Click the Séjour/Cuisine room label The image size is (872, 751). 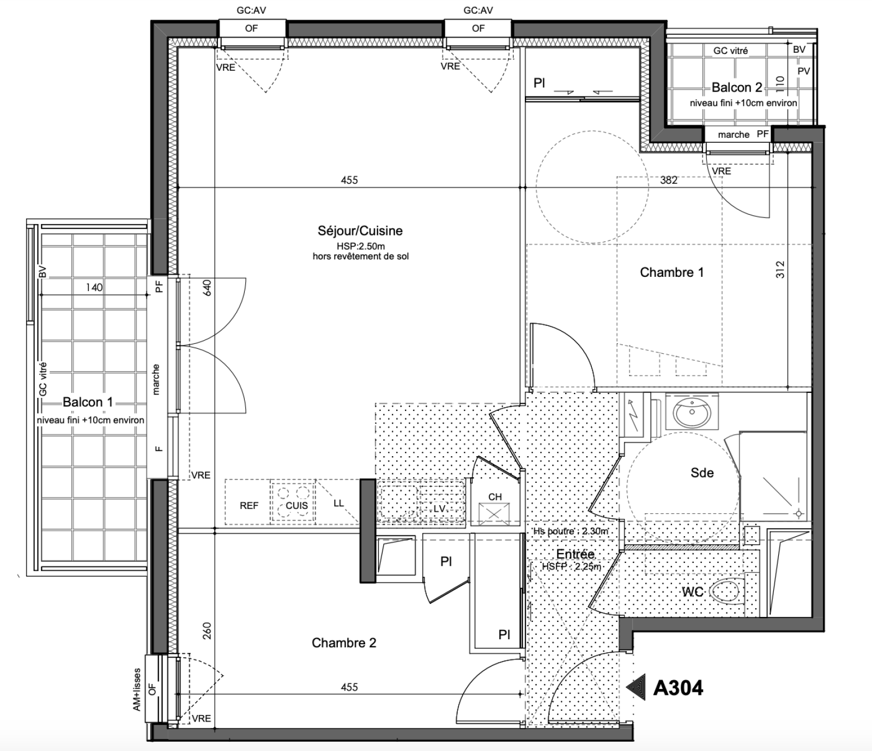pos(360,231)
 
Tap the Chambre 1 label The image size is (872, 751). pos(671,272)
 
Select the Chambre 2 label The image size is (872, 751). pos(344,643)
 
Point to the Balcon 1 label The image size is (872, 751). pos(88,402)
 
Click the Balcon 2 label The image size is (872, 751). pos(737,88)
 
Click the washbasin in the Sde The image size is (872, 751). pos(692,412)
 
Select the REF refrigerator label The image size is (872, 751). pos(249,506)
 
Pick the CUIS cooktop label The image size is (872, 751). pos(296,506)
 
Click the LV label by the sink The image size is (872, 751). pos(439,508)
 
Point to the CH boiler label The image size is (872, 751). pos(495,497)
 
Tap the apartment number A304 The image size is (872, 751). pos(678,688)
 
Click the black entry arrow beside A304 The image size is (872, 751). pos(636,688)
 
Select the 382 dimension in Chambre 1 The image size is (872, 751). pos(669,180)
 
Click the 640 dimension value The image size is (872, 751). pos(207,288)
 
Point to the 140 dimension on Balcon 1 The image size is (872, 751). pos(94,287)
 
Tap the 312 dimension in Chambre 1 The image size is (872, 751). pos(780,269)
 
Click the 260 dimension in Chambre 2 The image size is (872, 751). pos(207,631)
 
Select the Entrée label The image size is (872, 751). pos(575,554)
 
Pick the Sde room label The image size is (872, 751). pos(702,473)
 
